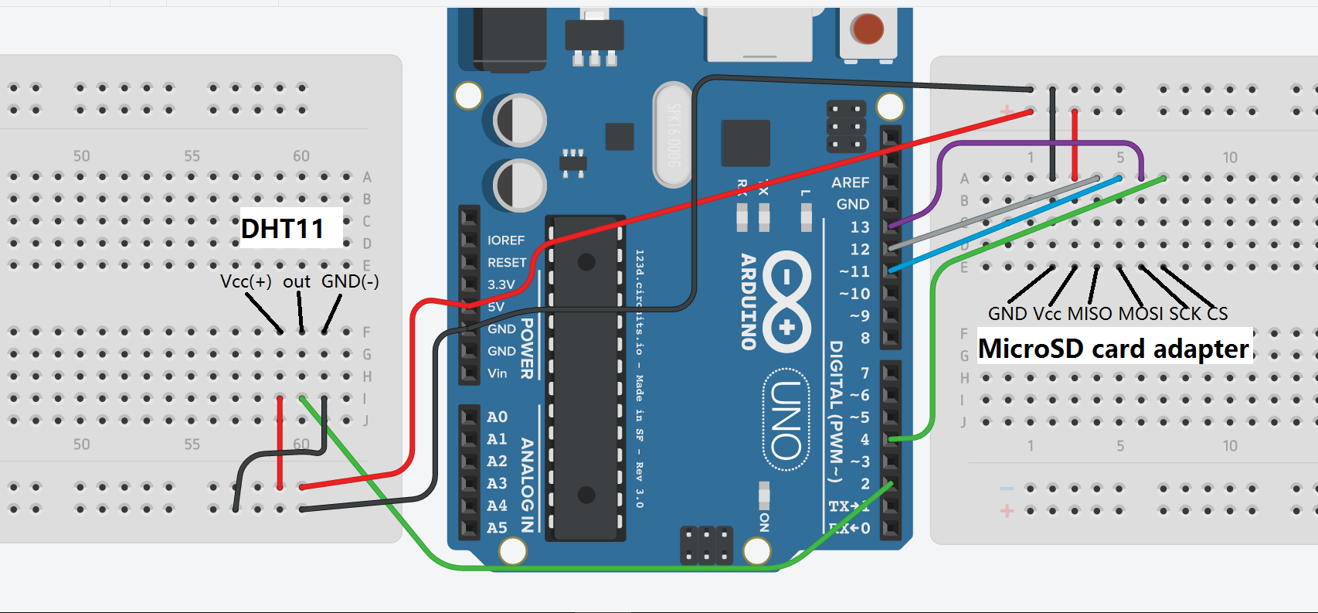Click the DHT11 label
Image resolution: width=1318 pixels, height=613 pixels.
(283, 229)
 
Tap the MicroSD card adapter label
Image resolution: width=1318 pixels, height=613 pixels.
(1113, 349)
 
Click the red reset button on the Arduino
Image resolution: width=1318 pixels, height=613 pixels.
(867, 29)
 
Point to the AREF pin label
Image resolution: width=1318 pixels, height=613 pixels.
(850, 182)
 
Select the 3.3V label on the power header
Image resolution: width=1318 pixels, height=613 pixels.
(501, 284)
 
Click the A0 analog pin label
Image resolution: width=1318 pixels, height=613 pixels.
(497, 417)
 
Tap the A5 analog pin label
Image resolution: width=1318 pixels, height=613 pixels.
(497, 528)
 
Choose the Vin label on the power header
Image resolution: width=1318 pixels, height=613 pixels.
(498, 373)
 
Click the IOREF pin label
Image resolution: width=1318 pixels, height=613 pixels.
(505, 240)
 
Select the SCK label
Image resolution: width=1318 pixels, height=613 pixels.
(1185, 314)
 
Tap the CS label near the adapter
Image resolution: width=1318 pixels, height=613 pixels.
(1218, 314)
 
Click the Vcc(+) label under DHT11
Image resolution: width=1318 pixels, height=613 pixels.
(246, 281)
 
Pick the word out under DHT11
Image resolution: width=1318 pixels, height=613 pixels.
(297, 282)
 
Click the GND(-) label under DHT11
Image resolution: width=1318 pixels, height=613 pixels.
(350, 281)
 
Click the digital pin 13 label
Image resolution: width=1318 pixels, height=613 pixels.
(860, 227)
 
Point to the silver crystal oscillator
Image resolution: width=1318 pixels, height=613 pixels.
(672, 135)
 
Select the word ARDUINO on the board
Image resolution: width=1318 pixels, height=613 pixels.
(748, 301)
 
